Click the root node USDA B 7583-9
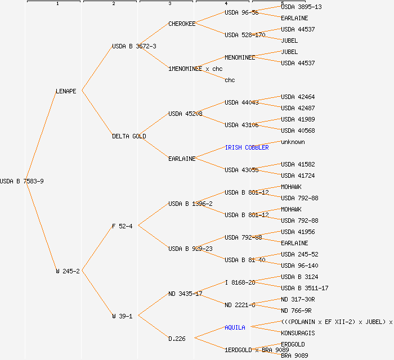[22, 181]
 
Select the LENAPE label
[66, 91]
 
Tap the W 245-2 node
[68, 271]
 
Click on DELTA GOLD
[129, 136]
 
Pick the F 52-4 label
[122, 226]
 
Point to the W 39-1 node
[122, 316]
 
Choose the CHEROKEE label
[182, 24]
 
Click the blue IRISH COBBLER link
[247, 147]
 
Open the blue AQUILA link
[235, 327]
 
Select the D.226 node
[177, 339]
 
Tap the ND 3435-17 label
[185, 294]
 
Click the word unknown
[293, 142]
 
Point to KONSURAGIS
[298, 333]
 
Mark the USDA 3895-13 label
[301, 7]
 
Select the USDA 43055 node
[241, 170]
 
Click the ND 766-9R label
[296, 310]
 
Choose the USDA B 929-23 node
[190, 249]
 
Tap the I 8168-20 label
[240, 282]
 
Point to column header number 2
[113, 4]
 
